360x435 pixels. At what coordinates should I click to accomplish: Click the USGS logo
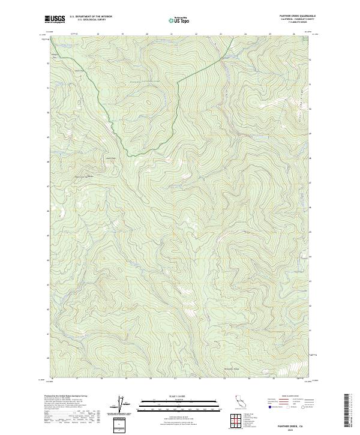point(55,19)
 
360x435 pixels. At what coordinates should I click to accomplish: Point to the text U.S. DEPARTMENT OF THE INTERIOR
point(91,17)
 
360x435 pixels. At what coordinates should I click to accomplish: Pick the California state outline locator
point(238,402)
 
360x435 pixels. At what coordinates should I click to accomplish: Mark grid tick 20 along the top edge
point(147,34)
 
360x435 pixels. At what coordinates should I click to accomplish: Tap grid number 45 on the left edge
point(48,235)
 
